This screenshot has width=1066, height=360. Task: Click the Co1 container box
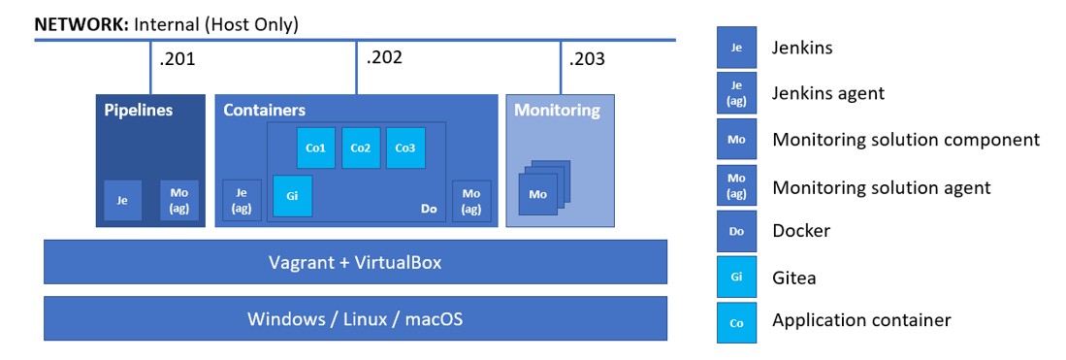(316, 147)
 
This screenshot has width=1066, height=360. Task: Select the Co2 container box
(360, 147)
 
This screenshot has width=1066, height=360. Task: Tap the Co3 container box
(404, 147)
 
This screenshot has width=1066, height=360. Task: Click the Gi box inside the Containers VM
(292, 195)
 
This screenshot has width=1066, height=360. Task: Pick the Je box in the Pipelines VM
(122, 200)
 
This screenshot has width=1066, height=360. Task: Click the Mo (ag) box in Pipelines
(179, 200)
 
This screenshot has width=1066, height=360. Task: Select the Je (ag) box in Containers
(242, 200)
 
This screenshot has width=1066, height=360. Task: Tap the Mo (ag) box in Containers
(470, 200)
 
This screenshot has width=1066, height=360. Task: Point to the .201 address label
(178, 59)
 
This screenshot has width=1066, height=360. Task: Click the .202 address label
(384, 57)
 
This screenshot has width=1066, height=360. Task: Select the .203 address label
(588, 59)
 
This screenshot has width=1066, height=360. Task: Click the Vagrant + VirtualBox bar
(355, 262)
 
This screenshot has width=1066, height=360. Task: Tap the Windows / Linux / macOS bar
(355, 318)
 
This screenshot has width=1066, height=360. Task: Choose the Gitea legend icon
(736, 278)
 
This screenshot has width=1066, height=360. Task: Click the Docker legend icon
(736, 232)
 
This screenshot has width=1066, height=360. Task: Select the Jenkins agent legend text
(827, 93)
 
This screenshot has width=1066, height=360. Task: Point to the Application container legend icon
(736, 322)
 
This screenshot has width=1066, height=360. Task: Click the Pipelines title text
(139, 111)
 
